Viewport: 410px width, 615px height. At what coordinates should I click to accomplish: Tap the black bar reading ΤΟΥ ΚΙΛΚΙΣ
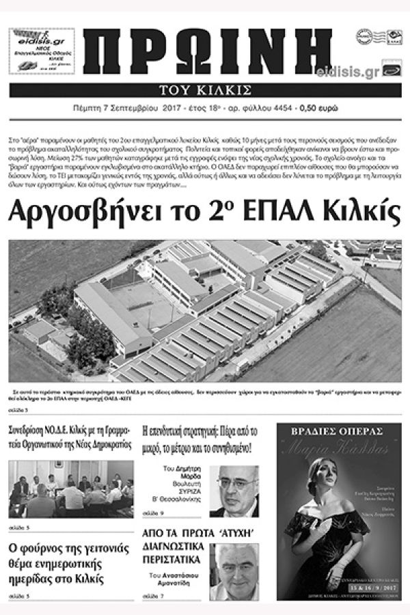[x=205, y=90]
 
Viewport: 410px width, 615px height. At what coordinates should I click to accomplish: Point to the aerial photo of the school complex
[x=205, y=311]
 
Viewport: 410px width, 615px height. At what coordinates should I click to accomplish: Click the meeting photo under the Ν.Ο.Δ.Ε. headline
[x=71, y=489]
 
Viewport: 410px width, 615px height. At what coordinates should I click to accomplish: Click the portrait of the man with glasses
[x=234, y=491]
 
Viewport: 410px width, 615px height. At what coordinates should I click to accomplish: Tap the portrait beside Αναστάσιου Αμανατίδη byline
[x=234, y=571]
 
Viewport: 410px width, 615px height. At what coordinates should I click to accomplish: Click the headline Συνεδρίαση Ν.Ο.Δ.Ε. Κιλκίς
[x=70, y=439]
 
